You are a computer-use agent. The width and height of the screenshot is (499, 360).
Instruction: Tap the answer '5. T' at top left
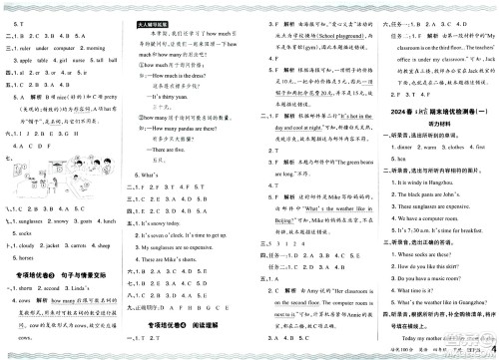click(x=13, y=7)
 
